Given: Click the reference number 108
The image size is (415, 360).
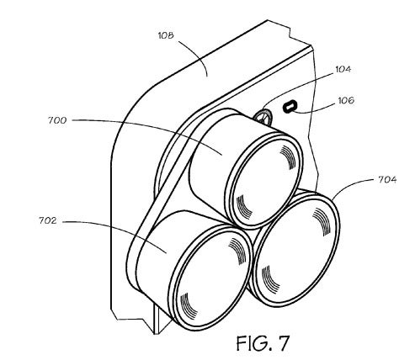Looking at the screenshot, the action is pyautogui.click(x=166, y=35).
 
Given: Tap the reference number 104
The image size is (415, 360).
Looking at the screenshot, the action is pyautogui.click(x=343, y=69).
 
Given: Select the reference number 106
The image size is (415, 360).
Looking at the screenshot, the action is pyautogui.click(x=346, y=100).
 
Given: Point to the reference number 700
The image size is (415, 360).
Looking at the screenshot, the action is pyautogui.click(x=57, y=120).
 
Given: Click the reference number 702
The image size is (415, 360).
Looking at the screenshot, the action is pyautogui.click(x=48, y=220).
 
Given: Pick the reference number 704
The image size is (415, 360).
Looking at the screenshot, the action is pyautogui.click(x=387, y=179).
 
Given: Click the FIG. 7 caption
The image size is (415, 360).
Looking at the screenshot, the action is pyautogui.click(x=263, y=342).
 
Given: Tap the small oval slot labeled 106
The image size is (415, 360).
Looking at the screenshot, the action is pyautogui.click(x=290, y=107).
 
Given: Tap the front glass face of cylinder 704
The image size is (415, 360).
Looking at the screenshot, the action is pyautogui.click(x=296, y=250).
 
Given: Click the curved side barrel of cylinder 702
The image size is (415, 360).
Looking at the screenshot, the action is pyautogui.click(x=157, y=252).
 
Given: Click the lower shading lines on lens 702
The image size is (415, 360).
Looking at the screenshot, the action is pyautogui.click(x=189, y=304).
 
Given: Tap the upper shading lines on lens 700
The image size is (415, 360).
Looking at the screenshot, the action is pyautogui.click(x=288, y=157).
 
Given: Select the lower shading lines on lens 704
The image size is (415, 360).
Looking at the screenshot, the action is pyautogui.click(x=270, y=277).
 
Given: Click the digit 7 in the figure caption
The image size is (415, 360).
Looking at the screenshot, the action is pyautogui.click(x=282, y=342).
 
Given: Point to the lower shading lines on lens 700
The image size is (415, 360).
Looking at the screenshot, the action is pyautogui.click(x=243, y=207).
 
